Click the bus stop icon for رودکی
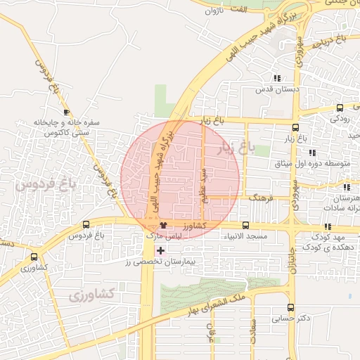(x=340, y=108)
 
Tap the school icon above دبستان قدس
(x=278, y=78)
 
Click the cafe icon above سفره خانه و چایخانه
(x=66, y=112)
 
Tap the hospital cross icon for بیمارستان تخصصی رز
(x=161, y=250)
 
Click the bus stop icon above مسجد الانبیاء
(x=245, y=225)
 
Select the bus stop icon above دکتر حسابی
(x=291, y=307)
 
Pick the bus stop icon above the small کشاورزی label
(x=34, y=257)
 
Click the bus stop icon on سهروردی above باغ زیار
(x=295, y=128)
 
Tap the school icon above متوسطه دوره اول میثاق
(x=311, y=153)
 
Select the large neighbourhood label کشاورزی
(x=93, y=295)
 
